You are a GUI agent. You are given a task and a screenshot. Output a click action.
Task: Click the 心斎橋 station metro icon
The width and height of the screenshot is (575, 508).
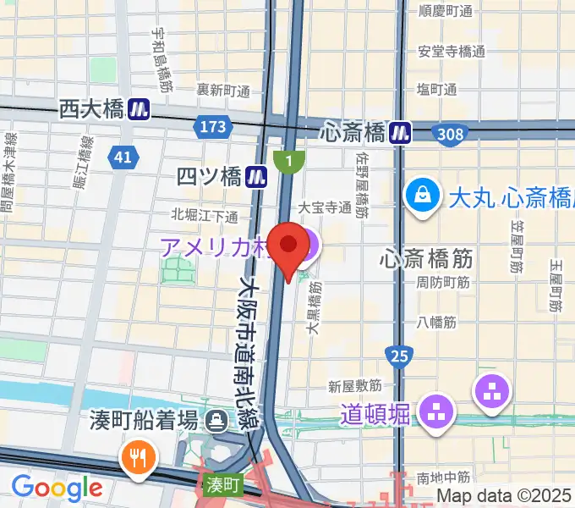pos(401,132)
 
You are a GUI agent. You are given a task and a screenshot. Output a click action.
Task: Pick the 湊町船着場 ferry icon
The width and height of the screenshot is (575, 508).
pos(218,418)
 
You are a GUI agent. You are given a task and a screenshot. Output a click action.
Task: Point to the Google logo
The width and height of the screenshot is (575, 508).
pos(57,487)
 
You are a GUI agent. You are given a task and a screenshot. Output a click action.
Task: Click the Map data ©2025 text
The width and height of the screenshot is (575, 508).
pos(504,495)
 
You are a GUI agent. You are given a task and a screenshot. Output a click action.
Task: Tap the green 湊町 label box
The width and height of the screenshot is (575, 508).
pos(224,485)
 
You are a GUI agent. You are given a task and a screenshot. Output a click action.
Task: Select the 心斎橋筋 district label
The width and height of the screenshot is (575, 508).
pos(427,255)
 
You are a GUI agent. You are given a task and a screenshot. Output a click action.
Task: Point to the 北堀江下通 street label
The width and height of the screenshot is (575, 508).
pos(205,215)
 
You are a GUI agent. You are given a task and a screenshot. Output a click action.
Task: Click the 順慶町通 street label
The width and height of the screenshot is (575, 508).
pos(446,12)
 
